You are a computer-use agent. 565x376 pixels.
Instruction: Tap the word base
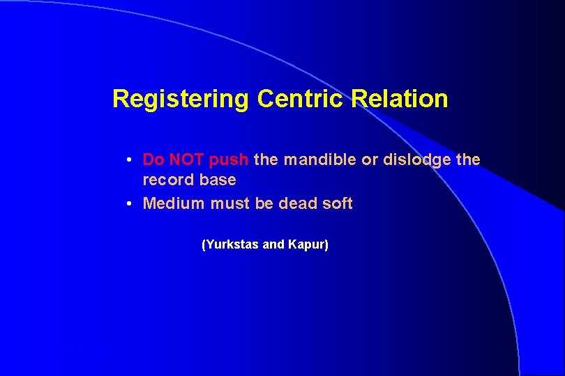click(217, 180)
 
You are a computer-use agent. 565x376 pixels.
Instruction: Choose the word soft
click(337, 203)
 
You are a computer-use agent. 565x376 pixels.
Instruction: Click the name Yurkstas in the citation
click(230, 245)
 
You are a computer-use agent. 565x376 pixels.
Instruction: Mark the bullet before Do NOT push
click(130, 160)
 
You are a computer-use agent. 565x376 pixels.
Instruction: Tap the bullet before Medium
click(130, 204)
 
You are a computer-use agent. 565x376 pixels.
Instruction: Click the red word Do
click(153, 159)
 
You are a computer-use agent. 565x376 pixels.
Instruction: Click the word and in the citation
click(273, 245)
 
